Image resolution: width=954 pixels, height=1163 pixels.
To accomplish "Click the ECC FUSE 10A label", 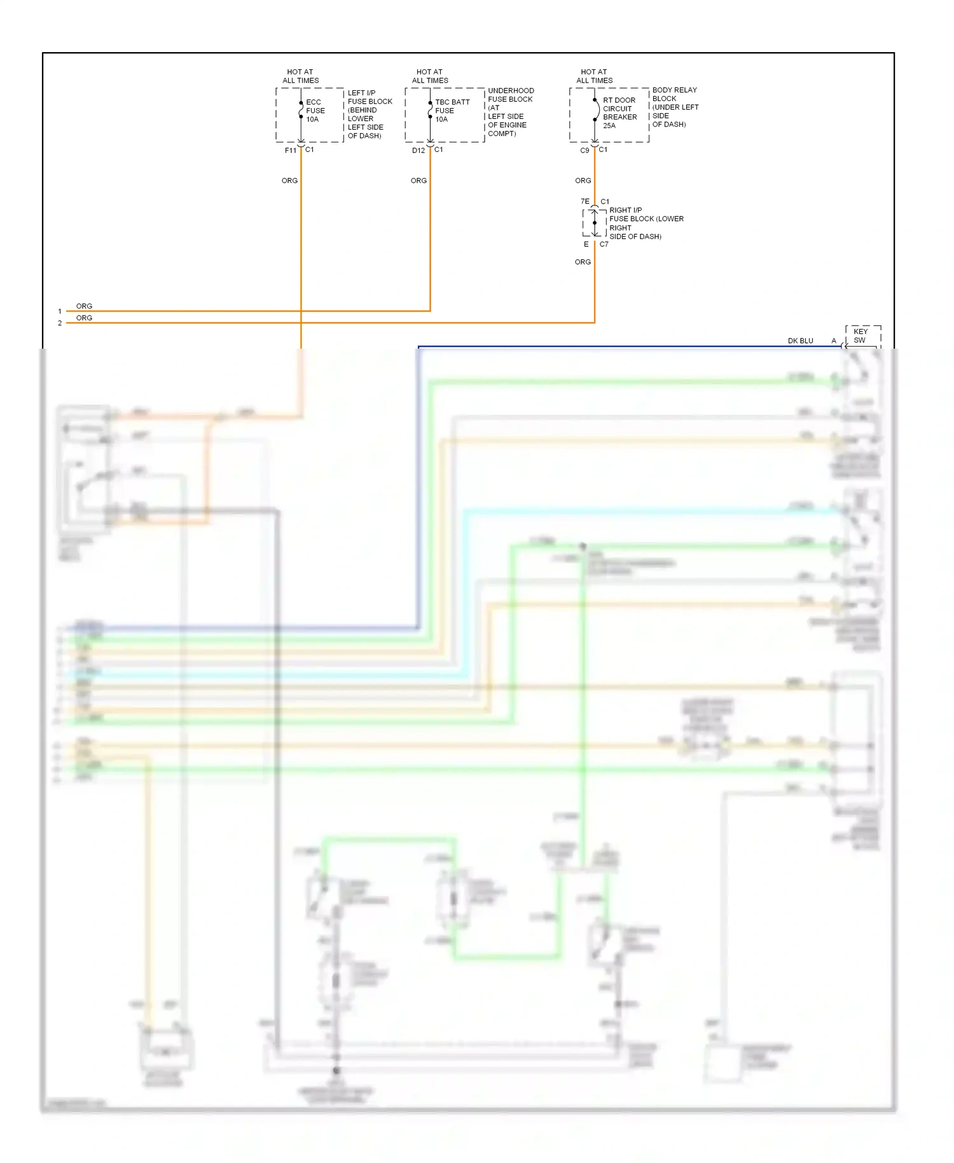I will [315, 111].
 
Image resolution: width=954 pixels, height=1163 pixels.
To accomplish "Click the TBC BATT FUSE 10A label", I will [452, 111].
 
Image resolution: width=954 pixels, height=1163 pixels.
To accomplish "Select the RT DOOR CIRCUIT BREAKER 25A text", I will [619, 113].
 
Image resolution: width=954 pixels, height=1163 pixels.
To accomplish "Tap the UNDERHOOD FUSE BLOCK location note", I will [510, 112].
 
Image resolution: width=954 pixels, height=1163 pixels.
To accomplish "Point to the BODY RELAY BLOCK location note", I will [675, 107].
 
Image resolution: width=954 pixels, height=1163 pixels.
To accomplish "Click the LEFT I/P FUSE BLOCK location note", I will [370, 115].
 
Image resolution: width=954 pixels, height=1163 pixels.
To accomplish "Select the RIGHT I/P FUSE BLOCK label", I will [646, 223].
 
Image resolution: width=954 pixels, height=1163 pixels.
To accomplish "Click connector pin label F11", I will [290, 151].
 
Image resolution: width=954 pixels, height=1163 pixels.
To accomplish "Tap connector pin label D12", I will [418, 151].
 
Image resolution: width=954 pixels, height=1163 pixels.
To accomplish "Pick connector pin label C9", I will [584, 151].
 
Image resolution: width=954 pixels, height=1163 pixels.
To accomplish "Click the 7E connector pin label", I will [584, 202].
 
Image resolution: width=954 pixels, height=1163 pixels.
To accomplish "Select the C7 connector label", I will [604, 244].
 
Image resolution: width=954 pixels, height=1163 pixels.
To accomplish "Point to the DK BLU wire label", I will [800, 341].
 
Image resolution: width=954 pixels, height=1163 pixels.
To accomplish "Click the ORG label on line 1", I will [84, 306].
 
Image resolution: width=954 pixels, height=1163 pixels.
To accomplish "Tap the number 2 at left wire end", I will [60, 323].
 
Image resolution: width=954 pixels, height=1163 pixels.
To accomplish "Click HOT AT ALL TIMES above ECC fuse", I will [300, 76].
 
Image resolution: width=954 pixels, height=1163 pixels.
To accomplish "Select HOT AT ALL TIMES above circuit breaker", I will [594, 76].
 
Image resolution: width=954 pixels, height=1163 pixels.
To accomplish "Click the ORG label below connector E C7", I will [583, 262].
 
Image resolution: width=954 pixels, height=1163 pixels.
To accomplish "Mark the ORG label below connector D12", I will [418, 181].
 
